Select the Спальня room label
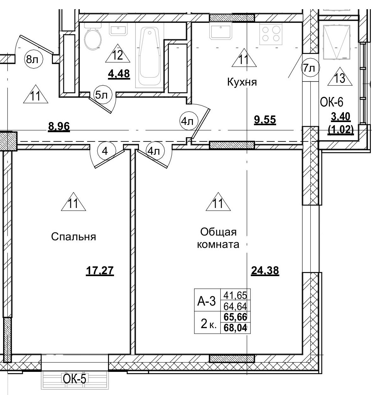[x=73, y=236]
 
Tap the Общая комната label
[x=218, y=238]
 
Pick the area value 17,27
[x=100, y=271]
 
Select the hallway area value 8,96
[x=59, y=127]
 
